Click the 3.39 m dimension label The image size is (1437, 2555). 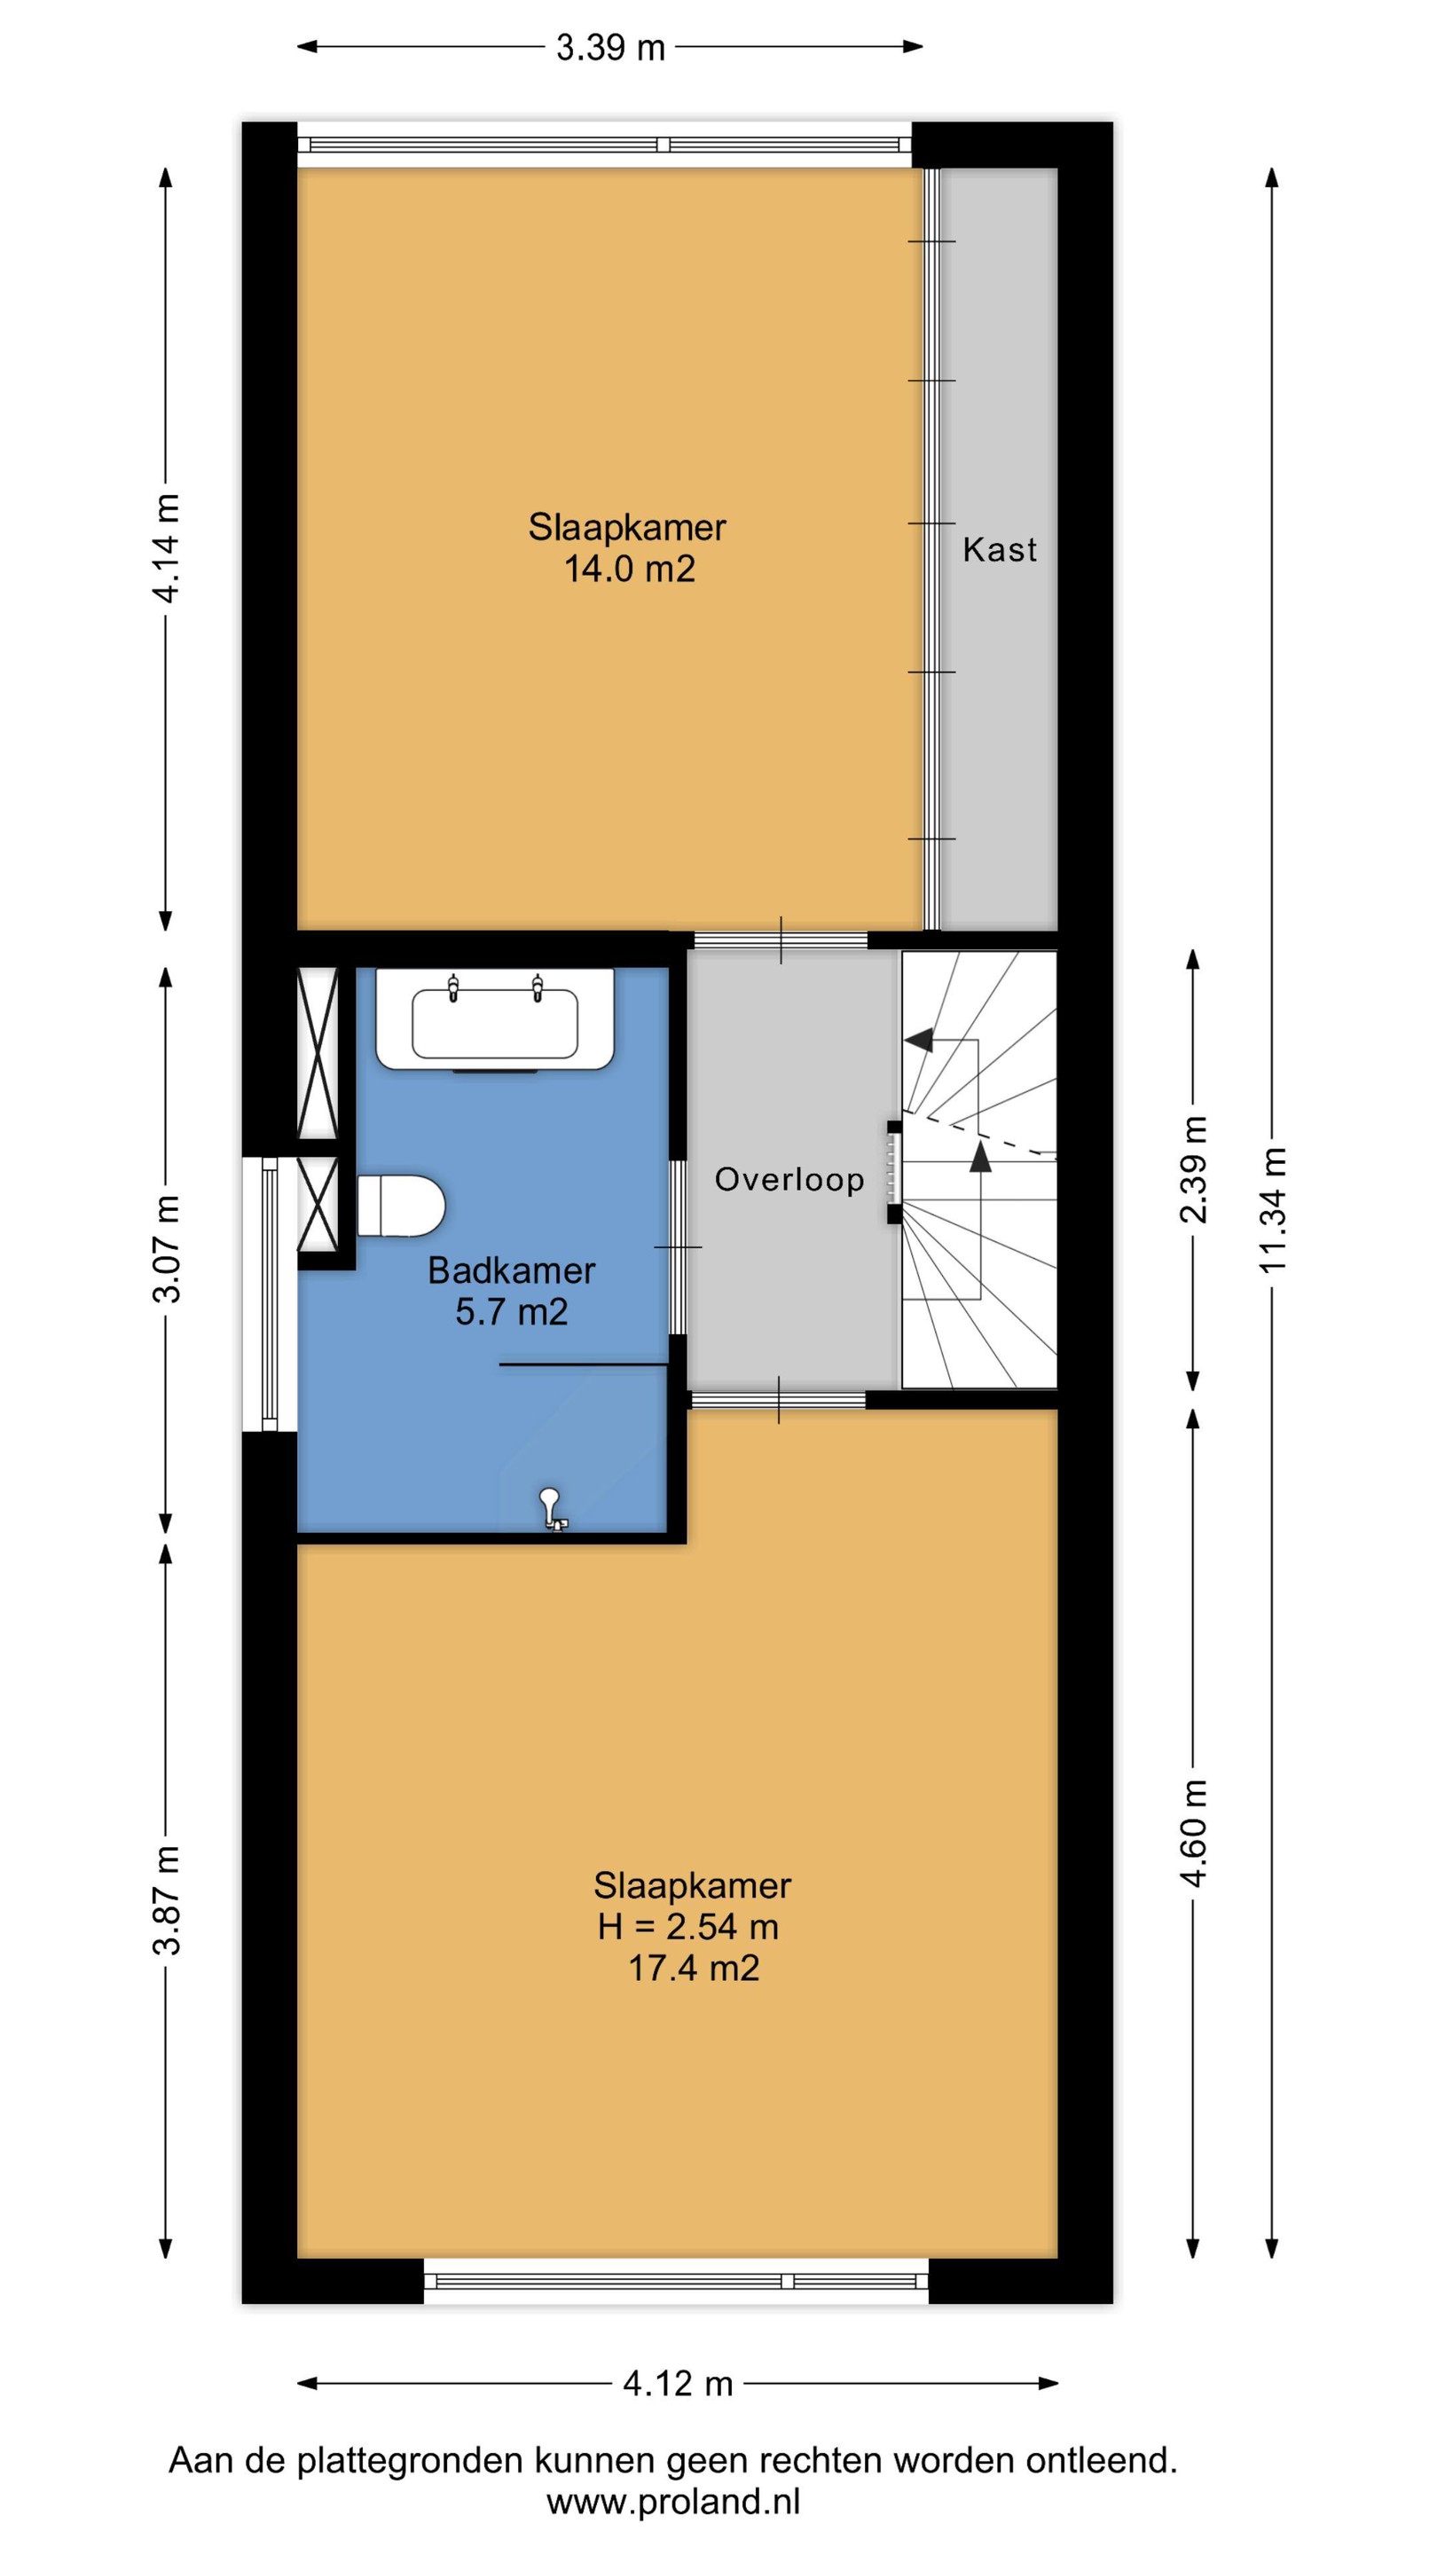(x=610, y=48)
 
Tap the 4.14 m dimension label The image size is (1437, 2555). (x=167, y=547)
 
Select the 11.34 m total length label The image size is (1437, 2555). (x=1272, y=1209)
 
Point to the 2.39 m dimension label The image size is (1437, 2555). (x=1193, y=1169)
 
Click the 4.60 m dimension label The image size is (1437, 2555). (x=1193, y=1834)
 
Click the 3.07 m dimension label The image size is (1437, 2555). (x=167, y=1249)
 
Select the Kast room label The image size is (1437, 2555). (x=1000, y=549)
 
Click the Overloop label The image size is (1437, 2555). (x=789, y=1179)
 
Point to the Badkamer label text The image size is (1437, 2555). (x=512, y=1270)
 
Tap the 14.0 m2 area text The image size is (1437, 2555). (x=629, y=570)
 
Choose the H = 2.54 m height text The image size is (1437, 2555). (x=687, y=1926)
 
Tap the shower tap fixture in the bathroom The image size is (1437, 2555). (x=552, y=1508)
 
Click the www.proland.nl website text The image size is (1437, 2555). (x=673, y=2502)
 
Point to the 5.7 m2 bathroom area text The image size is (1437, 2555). (x=512, y=1312)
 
